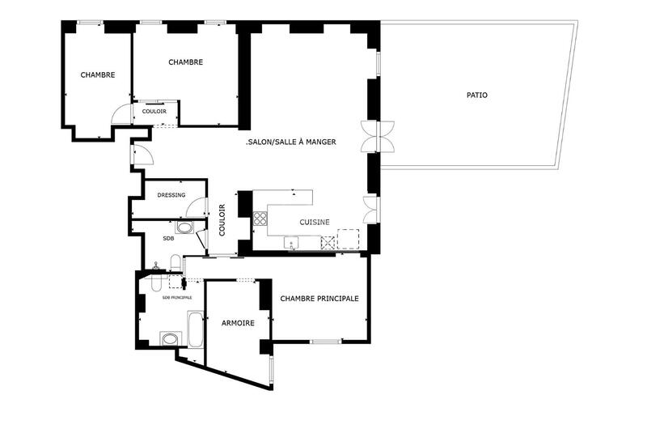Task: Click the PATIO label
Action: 477,95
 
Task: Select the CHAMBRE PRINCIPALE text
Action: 319,299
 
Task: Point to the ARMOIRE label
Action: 238,323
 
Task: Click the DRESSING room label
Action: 171,195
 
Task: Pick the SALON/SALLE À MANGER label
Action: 290,142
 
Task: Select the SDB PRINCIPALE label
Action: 177,298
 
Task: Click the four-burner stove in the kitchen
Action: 261,218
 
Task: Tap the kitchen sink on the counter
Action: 290,241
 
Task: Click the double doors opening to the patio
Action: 378,136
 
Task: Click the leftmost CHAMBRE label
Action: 97,74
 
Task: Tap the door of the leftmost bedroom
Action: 121,114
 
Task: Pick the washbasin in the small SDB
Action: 185,228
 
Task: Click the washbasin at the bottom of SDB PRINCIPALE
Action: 170,338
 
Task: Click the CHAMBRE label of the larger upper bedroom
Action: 185,62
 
